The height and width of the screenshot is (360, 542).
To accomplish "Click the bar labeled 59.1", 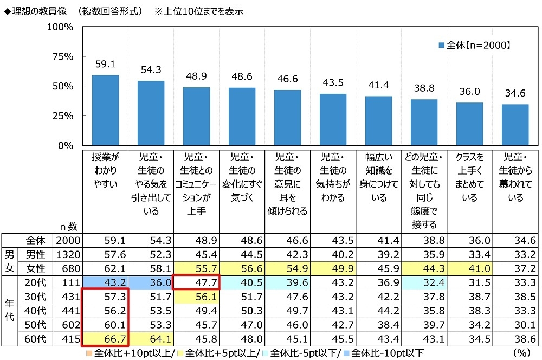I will (105, 110).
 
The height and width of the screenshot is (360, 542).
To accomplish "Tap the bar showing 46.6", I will (287, 118).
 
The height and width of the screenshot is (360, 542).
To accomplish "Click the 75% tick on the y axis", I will (62, 56).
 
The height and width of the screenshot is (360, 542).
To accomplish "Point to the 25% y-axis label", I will (62, 116).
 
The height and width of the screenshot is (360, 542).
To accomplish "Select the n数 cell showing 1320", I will (69, 254).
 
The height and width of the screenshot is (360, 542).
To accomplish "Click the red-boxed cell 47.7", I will (196, 282).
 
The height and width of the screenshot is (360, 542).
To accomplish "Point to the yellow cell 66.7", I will (105, 338).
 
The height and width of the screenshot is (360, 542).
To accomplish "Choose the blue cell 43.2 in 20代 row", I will (105, 282).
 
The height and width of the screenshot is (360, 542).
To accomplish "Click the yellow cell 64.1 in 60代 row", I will (151, 338).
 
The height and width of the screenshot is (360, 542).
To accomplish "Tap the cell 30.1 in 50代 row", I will (515, 324).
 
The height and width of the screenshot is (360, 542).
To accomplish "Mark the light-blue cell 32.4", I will (424, 282).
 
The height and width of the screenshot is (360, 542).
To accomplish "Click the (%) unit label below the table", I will (521, 352).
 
